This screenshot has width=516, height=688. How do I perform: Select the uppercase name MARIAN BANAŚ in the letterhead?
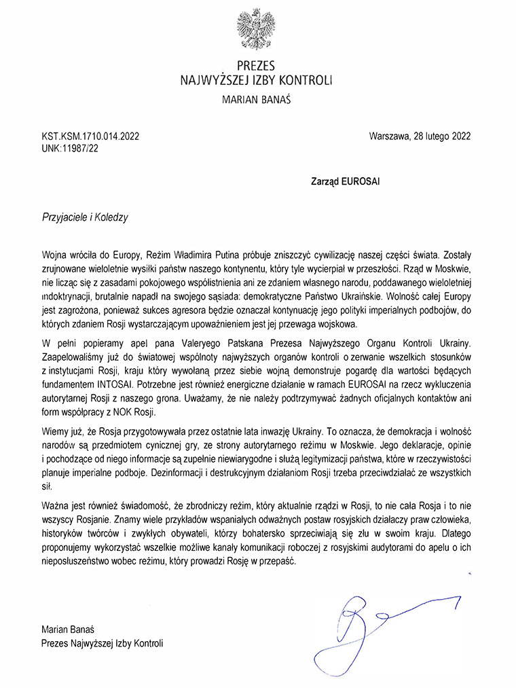[257, 99]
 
